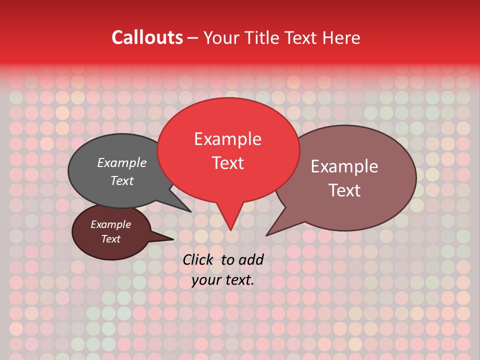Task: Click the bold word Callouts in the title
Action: click(x=147, y=37)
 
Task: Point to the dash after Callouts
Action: click(x=193, y=38)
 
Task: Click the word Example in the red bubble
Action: click(x=227, y=139)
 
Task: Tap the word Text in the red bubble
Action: click(x=227, y=163)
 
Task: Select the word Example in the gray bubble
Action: click(x=121, y=162)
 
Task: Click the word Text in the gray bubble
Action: click(x=121, y=180)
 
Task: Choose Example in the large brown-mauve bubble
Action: click(x=344, y=166)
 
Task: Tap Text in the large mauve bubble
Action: click(x=344, y=190)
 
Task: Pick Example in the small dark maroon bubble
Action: click(x=110, y=224)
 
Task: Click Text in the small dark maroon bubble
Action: click(x=110, y=239)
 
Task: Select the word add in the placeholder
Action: click(x=250, y=259)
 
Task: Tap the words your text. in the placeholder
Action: click(x=223, y=280)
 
